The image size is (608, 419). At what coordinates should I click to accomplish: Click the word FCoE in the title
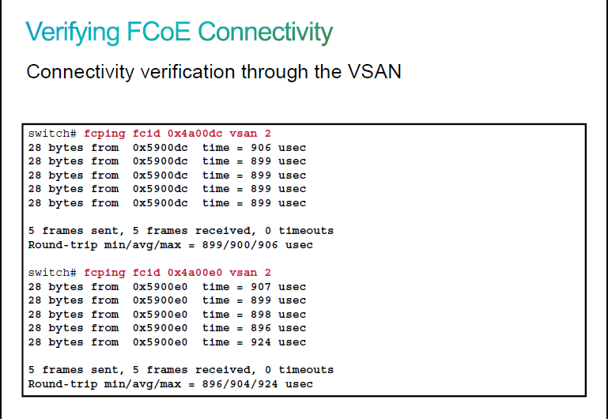pyautogui.click(x=159, y=32)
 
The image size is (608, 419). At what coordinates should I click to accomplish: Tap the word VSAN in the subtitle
pyautogui.click(x=374, y=72)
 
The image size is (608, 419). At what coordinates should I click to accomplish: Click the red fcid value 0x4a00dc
pyautogui.click(x=195, y=134)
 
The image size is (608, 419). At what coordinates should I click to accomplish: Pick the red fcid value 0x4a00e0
pyautogui.click(x=195, y=273)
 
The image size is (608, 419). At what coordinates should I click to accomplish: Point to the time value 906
pyautogui.click(x=261, y=148)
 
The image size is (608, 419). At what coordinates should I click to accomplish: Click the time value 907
pyautogui.click(x=261, y=287)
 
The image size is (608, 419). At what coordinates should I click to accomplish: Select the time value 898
pyautogui.click(x=261, y=315)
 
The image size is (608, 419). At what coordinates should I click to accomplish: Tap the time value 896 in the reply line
pyautogui.click(x=261, y=328)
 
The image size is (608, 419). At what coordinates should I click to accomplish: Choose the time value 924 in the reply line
pyautogui.click(x=261, y=342)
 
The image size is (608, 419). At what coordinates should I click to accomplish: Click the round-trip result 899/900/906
pyautogui.click(x=240, y=245)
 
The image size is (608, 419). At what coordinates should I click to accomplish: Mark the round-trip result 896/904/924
pyautogui.click(x=240, y=384)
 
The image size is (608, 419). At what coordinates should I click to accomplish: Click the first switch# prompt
pyautogui.click(x=52, y=134)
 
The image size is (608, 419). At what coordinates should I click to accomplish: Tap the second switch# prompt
pyautogui.click(x=52, y=273)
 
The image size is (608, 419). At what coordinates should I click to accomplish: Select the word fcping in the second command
pyautogui.click(x=104, y=274)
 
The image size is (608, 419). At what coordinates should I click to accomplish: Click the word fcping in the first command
pyautogui.click(x=104, y=134)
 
